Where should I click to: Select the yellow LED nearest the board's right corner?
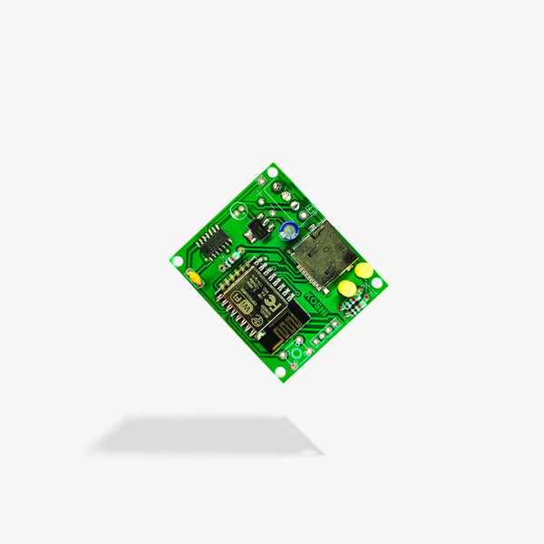(364, 269)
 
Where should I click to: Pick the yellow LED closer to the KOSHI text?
(346, 288)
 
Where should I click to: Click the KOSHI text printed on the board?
(320, 298)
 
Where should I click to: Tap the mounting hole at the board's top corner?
(272, 171)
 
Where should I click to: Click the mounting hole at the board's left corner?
(177, 261)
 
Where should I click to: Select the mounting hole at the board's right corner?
(377, 283)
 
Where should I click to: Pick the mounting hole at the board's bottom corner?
(280, 371)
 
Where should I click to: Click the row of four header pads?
(327, 325)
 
